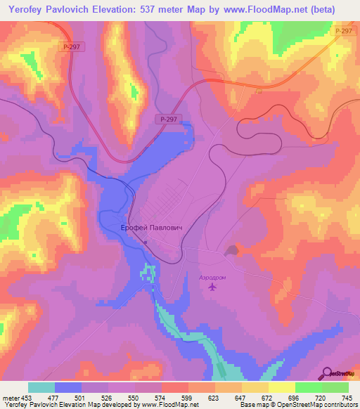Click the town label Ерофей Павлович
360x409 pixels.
162,230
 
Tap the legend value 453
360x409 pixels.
23,397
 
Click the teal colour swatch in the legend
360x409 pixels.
41,387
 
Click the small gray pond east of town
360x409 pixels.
231,249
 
